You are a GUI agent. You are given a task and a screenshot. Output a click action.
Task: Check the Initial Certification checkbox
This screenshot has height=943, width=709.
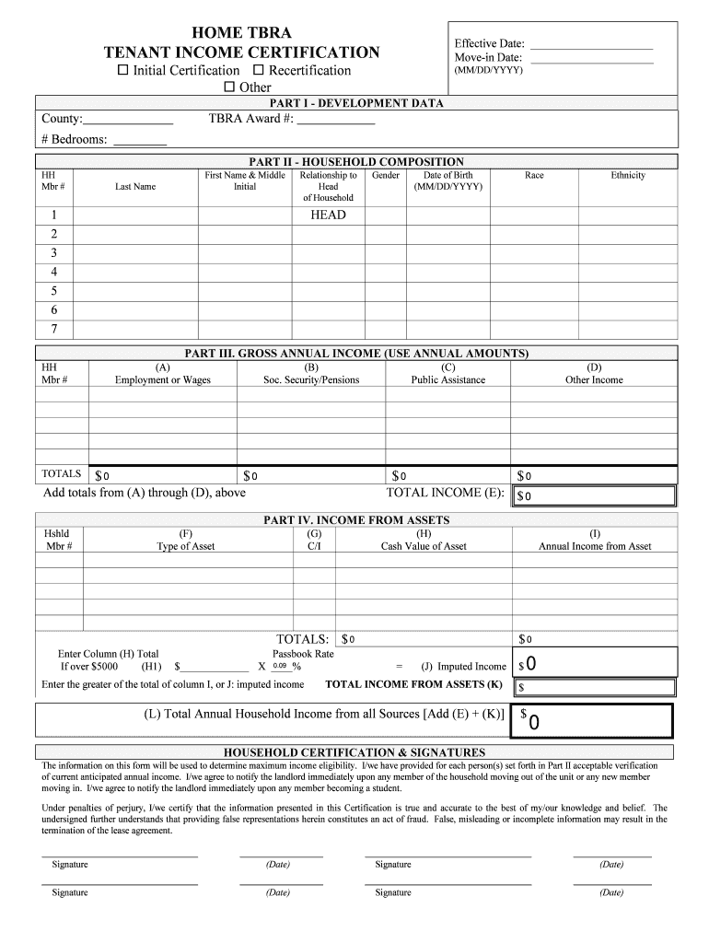(x=122, y=71)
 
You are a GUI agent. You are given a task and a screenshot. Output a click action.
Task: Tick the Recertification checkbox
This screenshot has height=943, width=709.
(x=258, y=71)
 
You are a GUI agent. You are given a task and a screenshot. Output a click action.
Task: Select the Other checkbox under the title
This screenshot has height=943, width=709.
(x=230, y=87)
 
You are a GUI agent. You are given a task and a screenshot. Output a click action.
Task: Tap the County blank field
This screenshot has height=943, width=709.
(x=128, y=120)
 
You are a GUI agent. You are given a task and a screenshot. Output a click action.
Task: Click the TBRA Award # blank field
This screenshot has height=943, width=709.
(x=335, y=120)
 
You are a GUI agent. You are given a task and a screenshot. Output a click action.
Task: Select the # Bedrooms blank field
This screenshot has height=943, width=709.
(x=139, y=141)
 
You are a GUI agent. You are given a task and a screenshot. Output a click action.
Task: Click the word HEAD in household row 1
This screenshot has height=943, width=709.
(x=328, y=215)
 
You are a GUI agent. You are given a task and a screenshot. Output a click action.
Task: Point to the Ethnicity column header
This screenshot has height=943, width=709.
(x=628, y=175)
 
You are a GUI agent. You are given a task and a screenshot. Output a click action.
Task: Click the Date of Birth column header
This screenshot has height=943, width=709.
(x=447, y=180)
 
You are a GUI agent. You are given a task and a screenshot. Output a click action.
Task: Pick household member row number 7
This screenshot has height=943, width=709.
(x=54, y=329)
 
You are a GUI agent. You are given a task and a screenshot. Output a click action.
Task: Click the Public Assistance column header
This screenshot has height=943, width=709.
(x=447, y=379)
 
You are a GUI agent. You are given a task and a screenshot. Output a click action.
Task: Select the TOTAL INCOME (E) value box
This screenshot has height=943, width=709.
(x=595, y=495)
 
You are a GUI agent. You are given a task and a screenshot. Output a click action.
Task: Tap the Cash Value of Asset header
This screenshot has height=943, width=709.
(x=424, y=546)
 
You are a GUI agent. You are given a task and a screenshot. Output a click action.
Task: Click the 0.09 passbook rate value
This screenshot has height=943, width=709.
(x=280, y=666)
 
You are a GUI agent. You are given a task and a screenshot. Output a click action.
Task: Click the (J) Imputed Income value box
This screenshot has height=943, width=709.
(x=595, y=664)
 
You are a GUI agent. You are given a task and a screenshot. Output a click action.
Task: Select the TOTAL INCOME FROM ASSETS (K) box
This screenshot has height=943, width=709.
(x=595, y=687)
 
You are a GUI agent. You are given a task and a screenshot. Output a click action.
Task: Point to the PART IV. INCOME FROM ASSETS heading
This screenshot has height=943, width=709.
(x=356, y=520)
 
